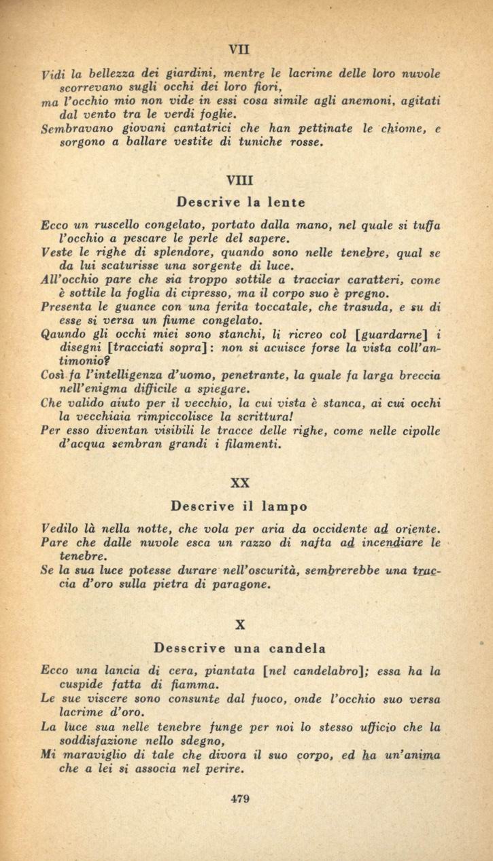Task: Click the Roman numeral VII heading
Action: point(240,49)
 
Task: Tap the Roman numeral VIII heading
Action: point(240,181)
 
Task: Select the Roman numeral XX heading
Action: point(240,483)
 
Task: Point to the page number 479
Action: point(240,799)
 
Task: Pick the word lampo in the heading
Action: point(285,506)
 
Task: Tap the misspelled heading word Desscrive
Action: point(186,648)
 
